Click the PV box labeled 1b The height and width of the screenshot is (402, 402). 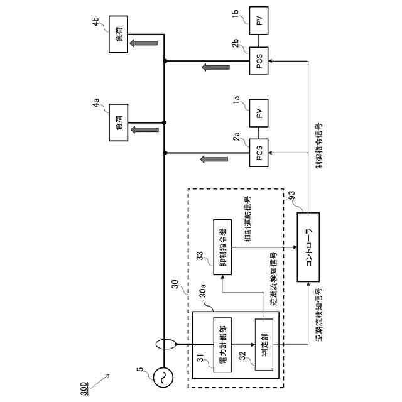click(x=259, y=21)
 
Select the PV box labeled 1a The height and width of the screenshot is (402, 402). click(x=259, y=113)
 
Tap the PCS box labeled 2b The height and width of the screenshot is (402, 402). click(x=259, y=61)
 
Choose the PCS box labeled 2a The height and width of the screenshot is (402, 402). click(x=259, y=153)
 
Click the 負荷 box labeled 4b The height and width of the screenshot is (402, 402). click(x=118, y=35)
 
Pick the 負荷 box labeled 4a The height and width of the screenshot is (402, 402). click(x=118, y=122)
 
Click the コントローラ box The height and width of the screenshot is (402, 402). click(x=308, y=247)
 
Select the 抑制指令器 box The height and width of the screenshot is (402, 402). click(x=222, y=247)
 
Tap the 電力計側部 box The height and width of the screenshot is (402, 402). click(x=222, y=345)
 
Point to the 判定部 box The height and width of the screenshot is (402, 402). click(x=264, y=345)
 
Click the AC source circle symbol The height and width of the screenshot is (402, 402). click(x=163, y=378)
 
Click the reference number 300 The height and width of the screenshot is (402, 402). click(x=84, y=389)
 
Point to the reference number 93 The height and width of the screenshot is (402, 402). click(x=291, y=197)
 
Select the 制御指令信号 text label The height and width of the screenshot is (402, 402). click(x=319, y=146)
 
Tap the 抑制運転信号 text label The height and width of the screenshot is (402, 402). click(x=248, y=219)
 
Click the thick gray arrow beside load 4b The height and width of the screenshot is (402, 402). click(x=144, y=43)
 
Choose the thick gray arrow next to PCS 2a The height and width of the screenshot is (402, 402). click(x=214, y=159)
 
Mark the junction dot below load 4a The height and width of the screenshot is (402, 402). click(x=164, y=122)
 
